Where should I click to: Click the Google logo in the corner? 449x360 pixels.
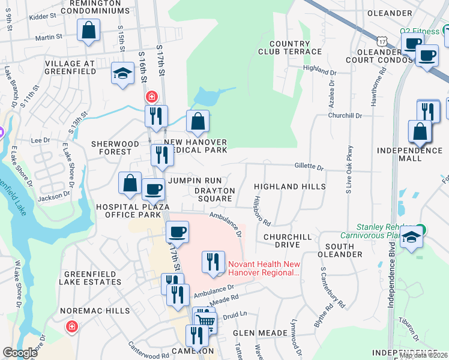[x=20, y=353]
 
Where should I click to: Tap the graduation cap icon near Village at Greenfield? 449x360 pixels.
[x=123, y=74]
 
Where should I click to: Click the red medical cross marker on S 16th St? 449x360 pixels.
[x=151, y=96]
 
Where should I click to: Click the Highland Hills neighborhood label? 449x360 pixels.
[x=289, y=187]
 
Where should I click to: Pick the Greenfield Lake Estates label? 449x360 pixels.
[x=89, y=278]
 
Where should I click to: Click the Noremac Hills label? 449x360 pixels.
[x=95, y=311]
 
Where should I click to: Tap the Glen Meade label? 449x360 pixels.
[x=253, y=332]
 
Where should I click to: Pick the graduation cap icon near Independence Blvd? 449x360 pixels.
[x=412, y=236]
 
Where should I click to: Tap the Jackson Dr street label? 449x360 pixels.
[x=53, y=196]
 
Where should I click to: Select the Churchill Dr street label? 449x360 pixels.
[x=345, y=115]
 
